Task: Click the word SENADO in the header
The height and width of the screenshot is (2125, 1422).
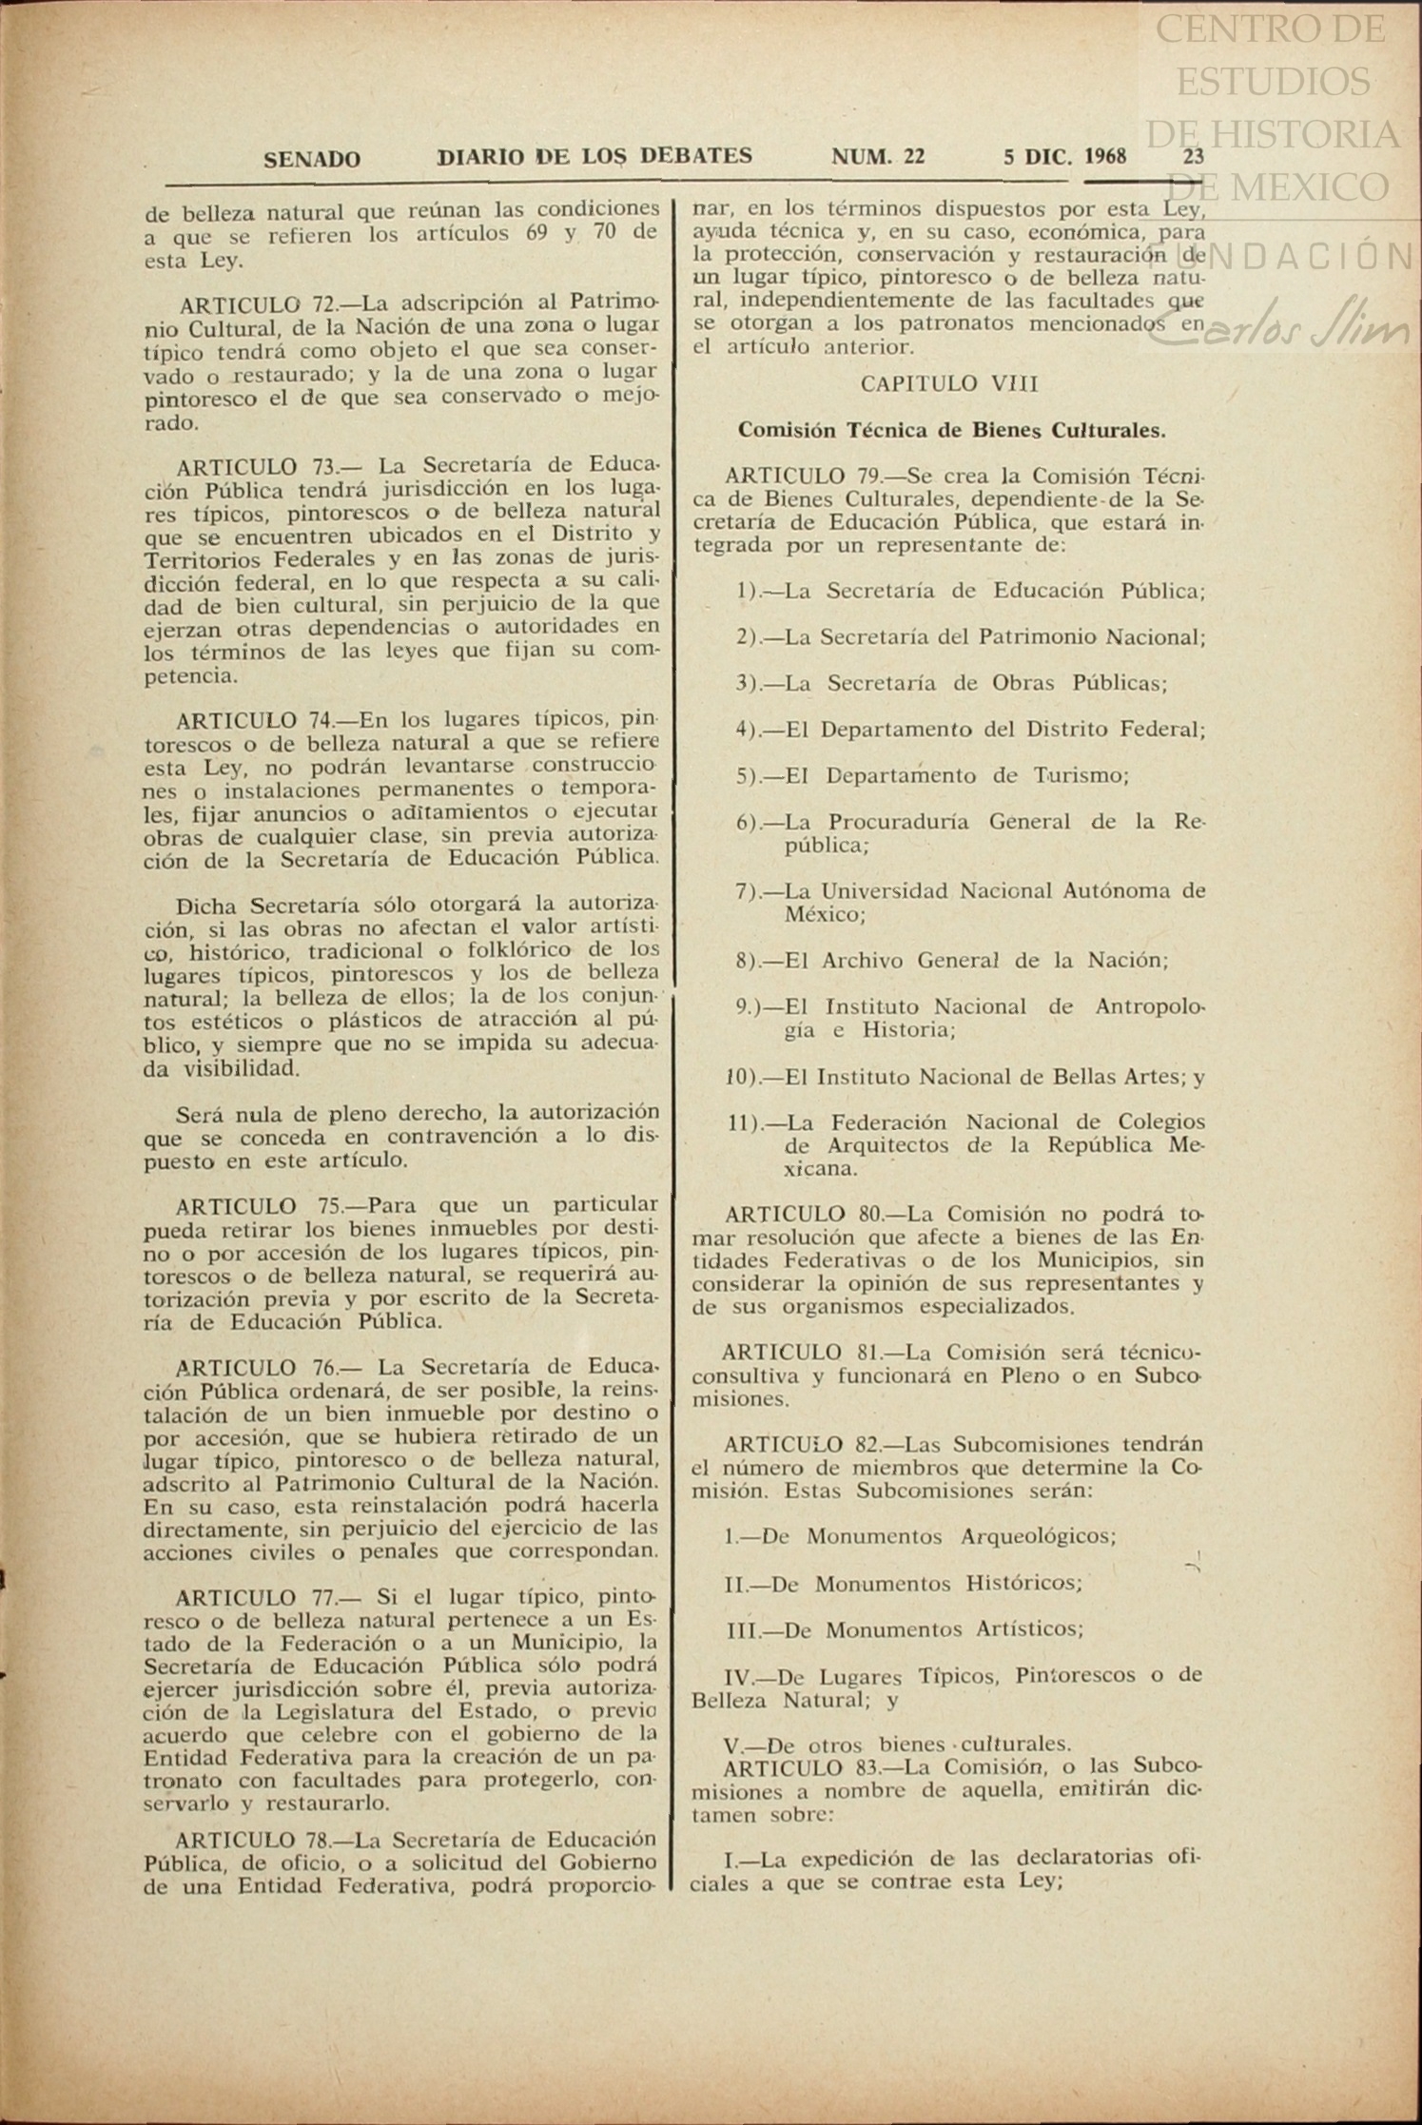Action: tap(311, 160)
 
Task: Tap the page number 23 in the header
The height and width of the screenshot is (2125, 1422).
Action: tap(1194, 157)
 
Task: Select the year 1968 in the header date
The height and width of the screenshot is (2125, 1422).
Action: tap(1105, 157)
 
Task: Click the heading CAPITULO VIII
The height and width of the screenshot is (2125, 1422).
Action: tap(948, 383)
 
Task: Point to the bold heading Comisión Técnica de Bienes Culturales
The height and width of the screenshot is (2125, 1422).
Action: tap(951, 430)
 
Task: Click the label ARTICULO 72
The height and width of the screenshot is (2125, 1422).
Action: tap(257, 304)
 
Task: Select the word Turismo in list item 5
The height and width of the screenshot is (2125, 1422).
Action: tap(1081, 775)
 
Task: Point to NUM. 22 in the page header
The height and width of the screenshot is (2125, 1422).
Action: tap(878, 157)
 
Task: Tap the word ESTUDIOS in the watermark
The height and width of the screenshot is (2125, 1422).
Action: tap(1275, 81)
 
